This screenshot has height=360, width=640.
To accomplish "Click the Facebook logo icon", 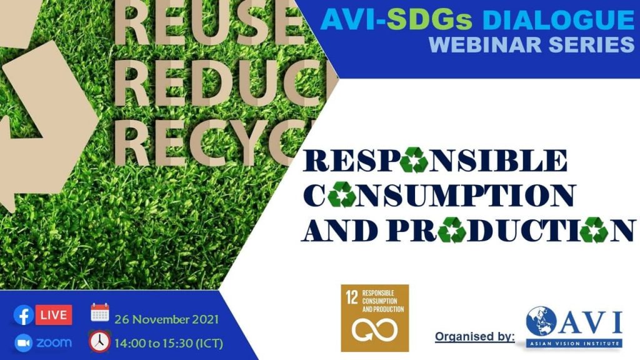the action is click(24, 316).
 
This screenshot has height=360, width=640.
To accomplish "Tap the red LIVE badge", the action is click(54, 315).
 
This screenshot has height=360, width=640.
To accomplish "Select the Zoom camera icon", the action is click(24, 343).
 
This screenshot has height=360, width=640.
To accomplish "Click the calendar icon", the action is click(100, 312).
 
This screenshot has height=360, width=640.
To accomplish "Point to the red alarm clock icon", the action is click(99, 341).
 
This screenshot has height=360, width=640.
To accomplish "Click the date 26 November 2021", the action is click(166, 319).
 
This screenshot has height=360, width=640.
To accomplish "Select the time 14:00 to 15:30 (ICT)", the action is click(169, 343).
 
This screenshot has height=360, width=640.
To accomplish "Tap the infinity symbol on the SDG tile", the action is click(375, 330).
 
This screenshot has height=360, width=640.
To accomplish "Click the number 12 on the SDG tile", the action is click(352, 297).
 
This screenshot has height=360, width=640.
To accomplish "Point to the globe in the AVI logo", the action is click(541, 322).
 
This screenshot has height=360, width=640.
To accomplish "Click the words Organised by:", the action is click(475, 337).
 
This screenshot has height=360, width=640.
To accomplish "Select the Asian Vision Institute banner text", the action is click(574, 343).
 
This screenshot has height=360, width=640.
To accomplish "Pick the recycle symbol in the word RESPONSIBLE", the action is click(414, 160).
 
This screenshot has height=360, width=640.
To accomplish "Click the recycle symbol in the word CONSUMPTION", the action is click(342, 194).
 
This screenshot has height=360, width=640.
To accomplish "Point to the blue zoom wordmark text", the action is click(54, 342).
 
